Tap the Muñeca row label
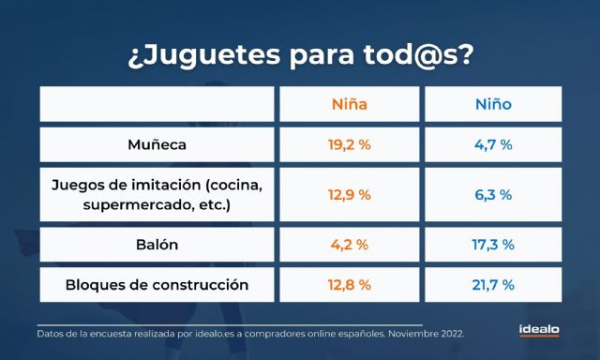point(157,145)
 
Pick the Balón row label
point(157,245)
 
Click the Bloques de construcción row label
point(157,285)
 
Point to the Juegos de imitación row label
point(157,195)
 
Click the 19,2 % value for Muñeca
point(350,145)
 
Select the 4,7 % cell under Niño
point(493,145)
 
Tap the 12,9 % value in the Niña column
point(350,195)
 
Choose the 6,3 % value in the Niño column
point(493,195)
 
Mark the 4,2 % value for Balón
point(350,245)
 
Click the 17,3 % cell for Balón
point(493,245)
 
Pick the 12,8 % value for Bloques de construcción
point(350,285)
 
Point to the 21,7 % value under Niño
point(493,285)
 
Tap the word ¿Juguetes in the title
point(191,54)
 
